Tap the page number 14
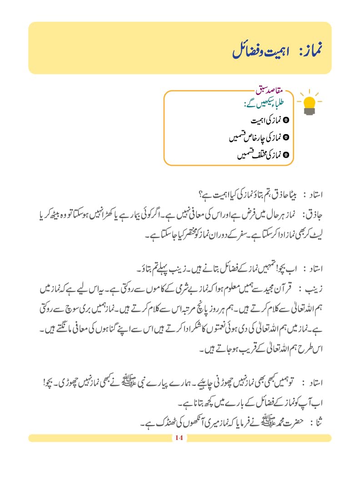click(x=178, y=438)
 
